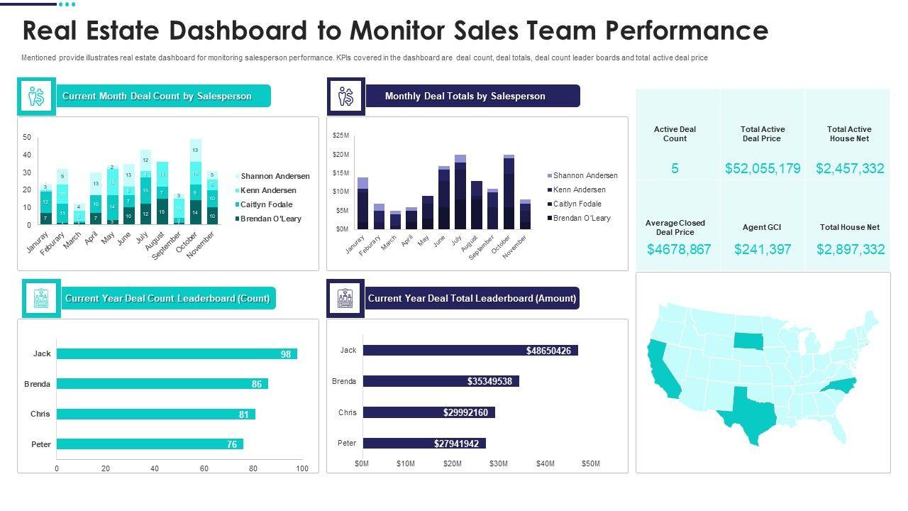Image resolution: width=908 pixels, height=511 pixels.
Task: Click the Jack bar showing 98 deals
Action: (x=177, y=353)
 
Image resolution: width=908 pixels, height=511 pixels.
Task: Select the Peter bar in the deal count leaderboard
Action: (x=150, y=444)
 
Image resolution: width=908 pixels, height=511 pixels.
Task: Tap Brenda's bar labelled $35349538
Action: (x=441, y=381)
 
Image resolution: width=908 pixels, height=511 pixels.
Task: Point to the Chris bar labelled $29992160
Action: (x=428, y=412)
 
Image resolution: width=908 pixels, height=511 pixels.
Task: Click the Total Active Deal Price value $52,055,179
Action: (x=763, y=168)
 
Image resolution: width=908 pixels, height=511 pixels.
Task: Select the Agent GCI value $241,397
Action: (x=763, y=249)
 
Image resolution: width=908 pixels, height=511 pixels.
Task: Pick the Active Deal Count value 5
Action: (x=675, y=168)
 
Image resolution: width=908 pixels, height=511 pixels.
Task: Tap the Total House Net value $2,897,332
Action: (x=850, y=249)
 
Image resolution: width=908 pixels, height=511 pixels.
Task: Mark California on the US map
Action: (x=663, y=369)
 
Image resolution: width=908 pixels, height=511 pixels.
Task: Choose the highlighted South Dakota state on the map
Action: (x=746, y=341)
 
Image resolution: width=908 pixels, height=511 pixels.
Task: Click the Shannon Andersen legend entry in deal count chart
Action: (x=275, y=176)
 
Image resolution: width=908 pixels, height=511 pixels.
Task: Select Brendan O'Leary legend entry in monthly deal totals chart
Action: (x=582, y=218)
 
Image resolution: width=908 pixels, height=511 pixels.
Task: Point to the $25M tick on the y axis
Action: (x=340, y=135)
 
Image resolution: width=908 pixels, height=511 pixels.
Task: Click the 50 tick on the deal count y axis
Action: (x=27, y=137)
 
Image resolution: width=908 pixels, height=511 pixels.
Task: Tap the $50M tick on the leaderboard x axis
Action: (x=591, y=463)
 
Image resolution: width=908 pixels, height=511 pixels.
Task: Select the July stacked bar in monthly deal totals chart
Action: (x=460, y=192)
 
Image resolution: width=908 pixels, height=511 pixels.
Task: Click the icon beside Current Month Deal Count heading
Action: (x=36, y=97)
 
